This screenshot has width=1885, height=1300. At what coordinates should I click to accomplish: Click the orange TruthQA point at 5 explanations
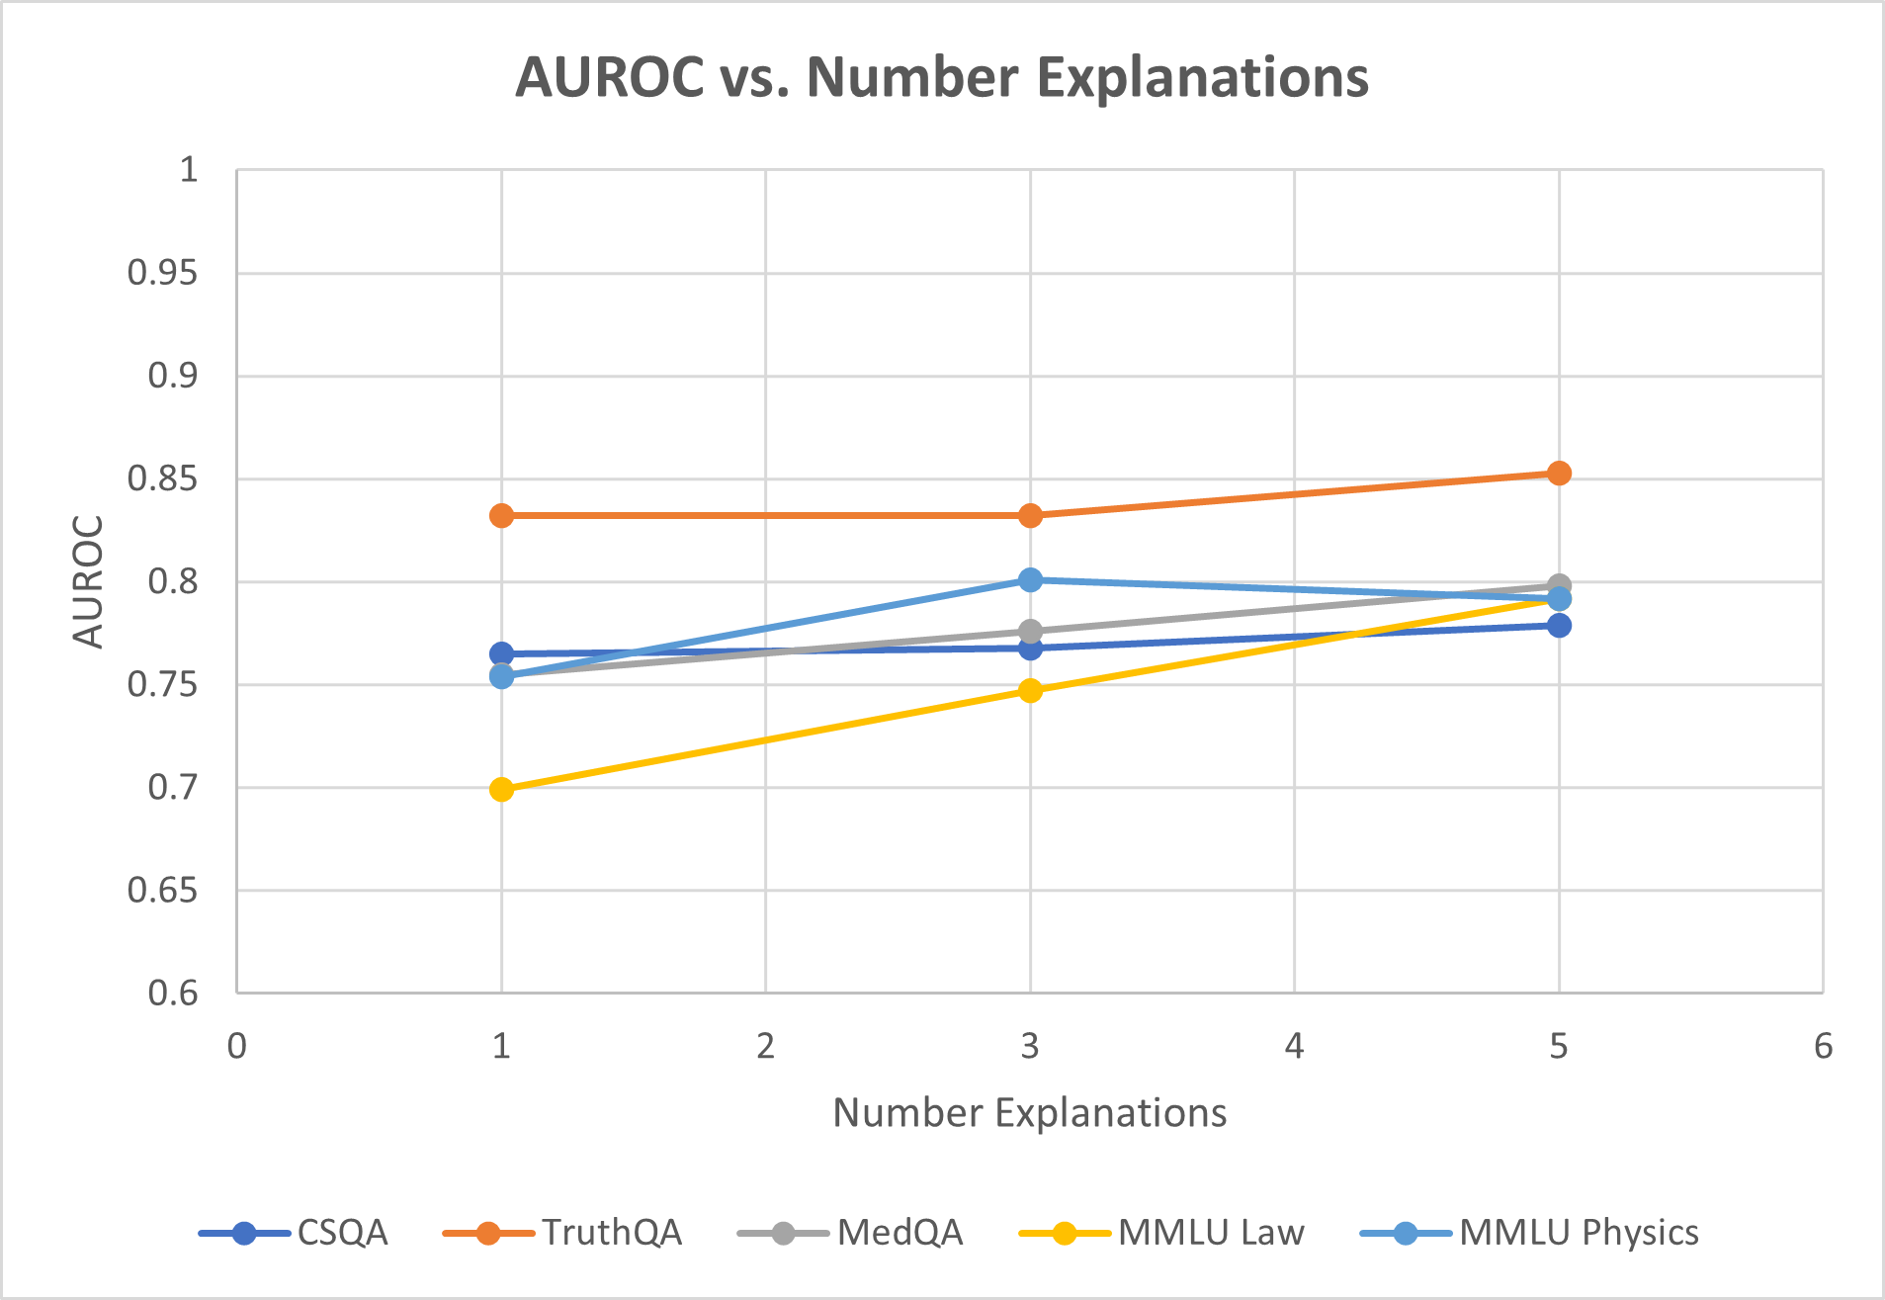[1559, 474]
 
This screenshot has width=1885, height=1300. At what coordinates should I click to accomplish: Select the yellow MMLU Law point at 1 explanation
[501, 789]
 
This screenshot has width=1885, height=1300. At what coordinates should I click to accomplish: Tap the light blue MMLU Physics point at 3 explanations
[1030, 579]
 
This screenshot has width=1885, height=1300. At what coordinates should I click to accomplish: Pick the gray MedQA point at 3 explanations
[1030, 631]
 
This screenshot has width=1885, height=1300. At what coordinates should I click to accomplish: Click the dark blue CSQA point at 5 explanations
[1559, 625]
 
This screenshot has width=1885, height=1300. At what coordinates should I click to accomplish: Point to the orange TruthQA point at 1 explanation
[501, 515]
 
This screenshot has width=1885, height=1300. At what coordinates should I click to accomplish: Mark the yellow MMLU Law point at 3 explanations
[1030, 690]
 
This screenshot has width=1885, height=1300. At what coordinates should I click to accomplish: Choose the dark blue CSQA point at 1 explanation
[501, 653]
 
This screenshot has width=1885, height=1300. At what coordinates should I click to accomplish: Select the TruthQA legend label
[612, 1233]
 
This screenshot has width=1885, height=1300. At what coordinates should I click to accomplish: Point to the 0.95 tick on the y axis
[163, 273]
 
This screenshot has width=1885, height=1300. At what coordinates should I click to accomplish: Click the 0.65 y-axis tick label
[163, 891]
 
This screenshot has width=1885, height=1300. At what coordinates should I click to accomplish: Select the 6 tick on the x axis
[1823, 1046]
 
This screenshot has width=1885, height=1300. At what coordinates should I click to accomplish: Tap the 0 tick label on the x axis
[237, 1046]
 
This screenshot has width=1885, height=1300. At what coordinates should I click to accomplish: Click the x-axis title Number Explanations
[1030, 1113]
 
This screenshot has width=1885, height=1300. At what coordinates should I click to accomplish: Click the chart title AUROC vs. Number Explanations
[942, 77]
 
